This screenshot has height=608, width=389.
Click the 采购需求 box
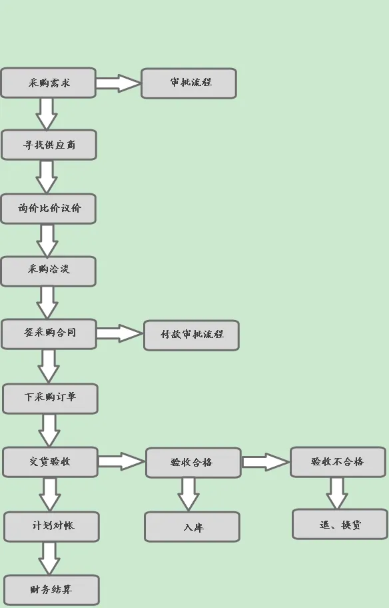[48, 83]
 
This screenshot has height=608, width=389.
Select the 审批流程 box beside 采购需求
[189, 83]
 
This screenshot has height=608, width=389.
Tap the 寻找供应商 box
[49, 145]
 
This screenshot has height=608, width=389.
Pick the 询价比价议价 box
[49, 209]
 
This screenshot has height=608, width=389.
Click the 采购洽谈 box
[49, 271]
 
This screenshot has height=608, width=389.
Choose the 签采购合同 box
[49, 334]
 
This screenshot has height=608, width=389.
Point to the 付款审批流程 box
[191, 335]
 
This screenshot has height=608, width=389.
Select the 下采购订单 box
[51, 399]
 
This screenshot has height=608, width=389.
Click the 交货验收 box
[51, 462]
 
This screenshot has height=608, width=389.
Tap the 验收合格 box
[193, 463]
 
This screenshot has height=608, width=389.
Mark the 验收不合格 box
[338, 462]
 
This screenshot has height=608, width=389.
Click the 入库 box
[193, 527]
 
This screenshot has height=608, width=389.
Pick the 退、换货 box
[340, 524]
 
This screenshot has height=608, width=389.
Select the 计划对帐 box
[51, 527]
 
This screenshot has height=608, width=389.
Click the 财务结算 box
[51, 591]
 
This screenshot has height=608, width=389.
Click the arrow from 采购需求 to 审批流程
[119, 83]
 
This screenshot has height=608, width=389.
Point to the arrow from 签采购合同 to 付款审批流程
[120, 333]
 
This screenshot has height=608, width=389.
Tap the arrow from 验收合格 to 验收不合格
[266, 462]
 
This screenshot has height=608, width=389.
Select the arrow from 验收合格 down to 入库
[189, 495]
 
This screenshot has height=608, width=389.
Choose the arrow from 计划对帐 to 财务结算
[49, 559]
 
